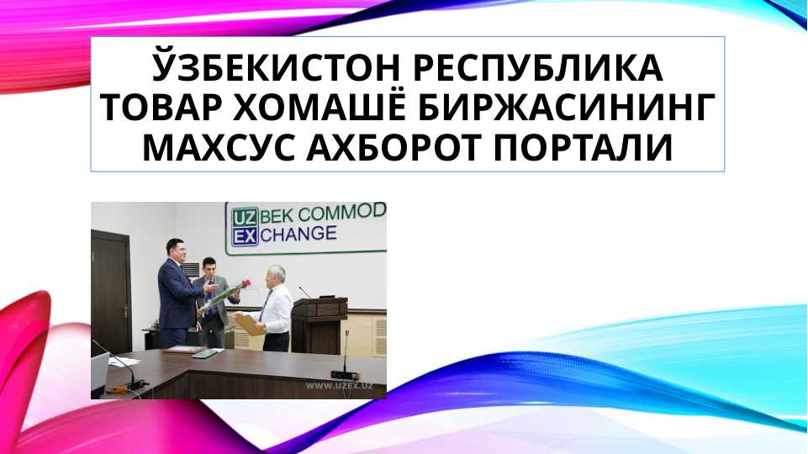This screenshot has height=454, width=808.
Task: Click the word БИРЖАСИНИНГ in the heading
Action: pyautogui.click(x=566, y=108)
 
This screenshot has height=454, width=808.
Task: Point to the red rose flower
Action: pyautogui.click(x=247, y=285)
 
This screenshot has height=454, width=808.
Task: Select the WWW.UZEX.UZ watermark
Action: pyautogui.click(x=339, y=386)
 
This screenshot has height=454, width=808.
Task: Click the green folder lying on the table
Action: pyautogui.click(x=205, y=352)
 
